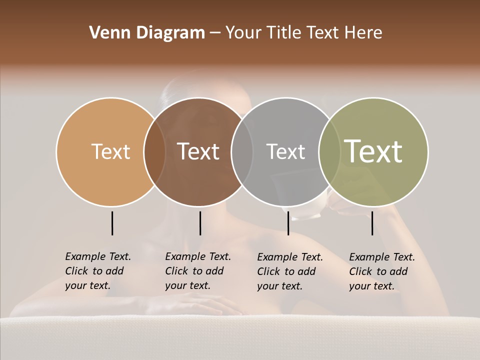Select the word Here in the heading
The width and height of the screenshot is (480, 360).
pyautogui.click(x=363, y=33)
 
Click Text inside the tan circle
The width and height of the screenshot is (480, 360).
pyautogui.click(x=110, y=151)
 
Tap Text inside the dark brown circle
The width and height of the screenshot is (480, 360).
pyautogui.click(x=198, y=151)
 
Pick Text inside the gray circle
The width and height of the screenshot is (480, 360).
pyautogui.click(x=285, y=151)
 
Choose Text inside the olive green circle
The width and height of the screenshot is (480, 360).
pyautogui.click(x=373, y=151)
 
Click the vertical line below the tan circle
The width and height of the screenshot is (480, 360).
pyautogui.click(x=112, y=223)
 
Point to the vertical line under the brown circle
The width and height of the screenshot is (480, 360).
pyautogui.click(x=200, y=223)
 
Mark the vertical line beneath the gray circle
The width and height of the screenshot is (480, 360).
pyautogui.click(x=288, y=223)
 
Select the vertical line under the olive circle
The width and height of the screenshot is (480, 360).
pyautogui.click(x=372, y=223)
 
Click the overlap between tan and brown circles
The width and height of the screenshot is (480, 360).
pyautogui.click(x=155, y=151)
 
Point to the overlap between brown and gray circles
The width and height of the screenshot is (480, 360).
pyautogui.click(x=242, y=151)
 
